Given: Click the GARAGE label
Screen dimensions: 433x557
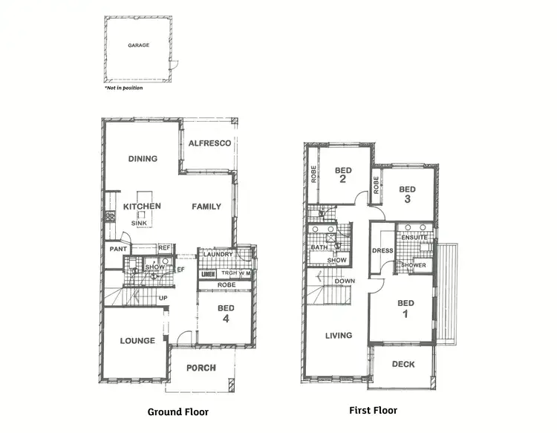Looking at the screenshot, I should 138,45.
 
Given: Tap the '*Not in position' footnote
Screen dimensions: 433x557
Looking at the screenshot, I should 123,88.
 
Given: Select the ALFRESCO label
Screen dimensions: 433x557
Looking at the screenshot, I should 209,143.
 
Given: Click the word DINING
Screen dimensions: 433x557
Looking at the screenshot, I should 143,158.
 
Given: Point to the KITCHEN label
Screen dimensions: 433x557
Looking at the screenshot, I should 142,206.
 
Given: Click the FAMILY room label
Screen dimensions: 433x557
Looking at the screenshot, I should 206,206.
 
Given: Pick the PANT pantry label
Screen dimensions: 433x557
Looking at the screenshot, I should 117,250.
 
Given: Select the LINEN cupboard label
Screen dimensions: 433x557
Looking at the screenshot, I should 208,273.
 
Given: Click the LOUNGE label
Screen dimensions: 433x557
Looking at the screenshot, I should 137,341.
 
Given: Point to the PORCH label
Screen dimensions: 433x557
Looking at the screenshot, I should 201,368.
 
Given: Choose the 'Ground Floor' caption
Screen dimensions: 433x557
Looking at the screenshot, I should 178,411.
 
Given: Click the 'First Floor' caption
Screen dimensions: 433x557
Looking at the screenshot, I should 373,410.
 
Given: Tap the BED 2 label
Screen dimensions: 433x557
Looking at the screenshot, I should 343,175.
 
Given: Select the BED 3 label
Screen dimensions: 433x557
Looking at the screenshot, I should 407,195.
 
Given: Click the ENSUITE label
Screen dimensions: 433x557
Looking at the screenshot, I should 414,238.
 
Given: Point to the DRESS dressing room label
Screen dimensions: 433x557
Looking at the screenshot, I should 382,251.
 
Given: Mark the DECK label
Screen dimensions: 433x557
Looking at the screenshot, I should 403,365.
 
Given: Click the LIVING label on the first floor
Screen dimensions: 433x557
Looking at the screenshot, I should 338,336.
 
